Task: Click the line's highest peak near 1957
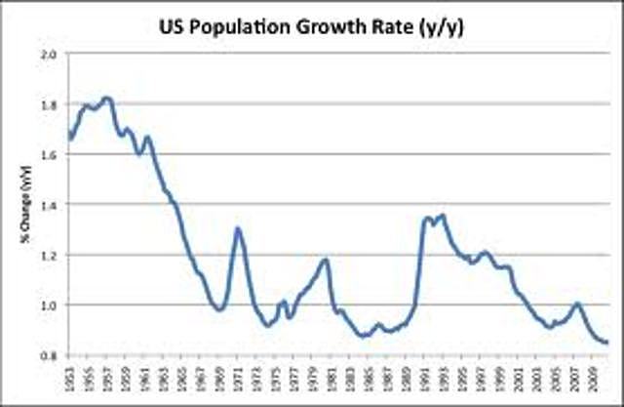pos(107,98)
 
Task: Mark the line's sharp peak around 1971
pos(237,228)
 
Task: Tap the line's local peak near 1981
pos(326,260)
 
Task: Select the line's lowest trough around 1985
pos(364,336)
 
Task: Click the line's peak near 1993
pos(443,216)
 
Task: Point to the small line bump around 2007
pos(576,304)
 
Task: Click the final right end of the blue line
pos(608,343)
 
